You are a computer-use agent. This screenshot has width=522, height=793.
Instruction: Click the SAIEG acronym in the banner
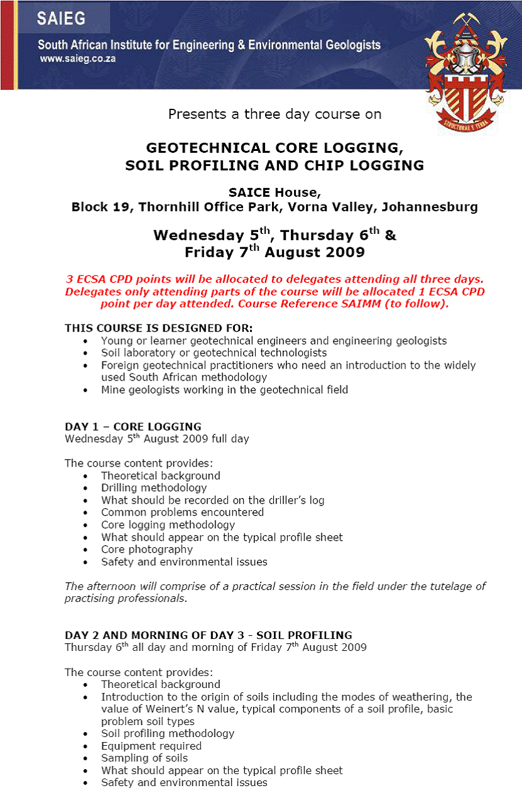[x=61, y=18]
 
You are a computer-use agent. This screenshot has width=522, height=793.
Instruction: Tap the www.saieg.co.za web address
[x=77, y=58]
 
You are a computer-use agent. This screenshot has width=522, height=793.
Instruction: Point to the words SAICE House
[x=275, y=193]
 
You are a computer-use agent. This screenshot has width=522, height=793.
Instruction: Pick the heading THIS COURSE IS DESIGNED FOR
[x=159, y=328]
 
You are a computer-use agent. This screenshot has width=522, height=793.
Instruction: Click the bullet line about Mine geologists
[x=224, y=390]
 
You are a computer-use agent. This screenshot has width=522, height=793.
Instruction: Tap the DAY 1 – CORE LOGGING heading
[x=133, y=426]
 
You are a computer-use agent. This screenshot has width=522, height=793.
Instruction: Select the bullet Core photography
[x=147, y=549]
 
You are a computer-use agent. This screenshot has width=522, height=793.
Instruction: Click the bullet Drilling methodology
[x=154, y=488]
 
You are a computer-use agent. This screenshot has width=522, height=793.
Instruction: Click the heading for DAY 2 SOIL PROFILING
[x=209, y=635]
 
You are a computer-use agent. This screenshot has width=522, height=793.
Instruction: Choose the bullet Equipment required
[x=151, y=746]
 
